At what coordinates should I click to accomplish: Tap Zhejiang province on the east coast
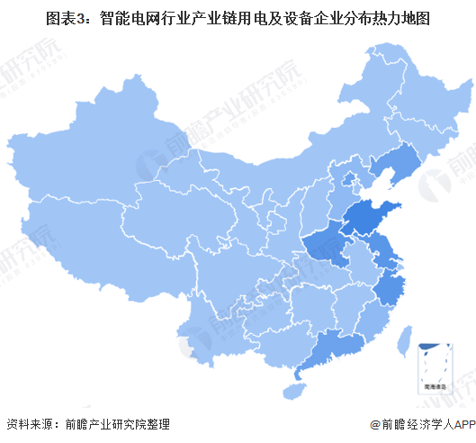click(391, 290)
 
